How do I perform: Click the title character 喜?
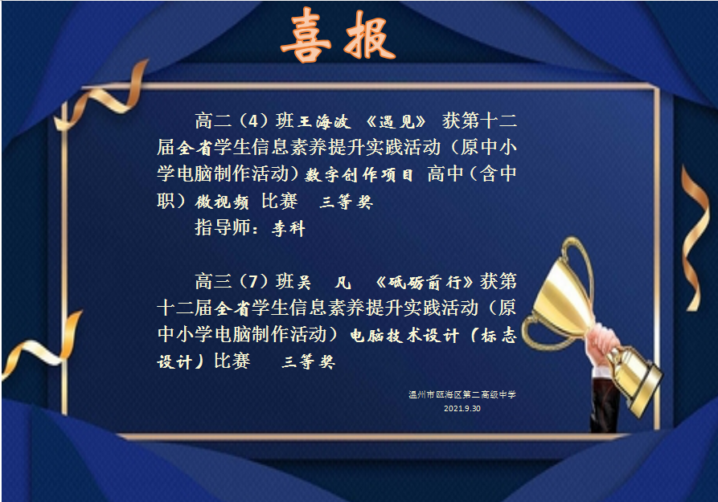coord(306,35)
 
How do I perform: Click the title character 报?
coord(370,35)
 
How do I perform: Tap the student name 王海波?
coord(325,122)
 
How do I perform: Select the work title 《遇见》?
coord(396,122)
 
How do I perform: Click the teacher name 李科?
coord(288,228)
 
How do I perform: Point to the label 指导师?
coord(223,227)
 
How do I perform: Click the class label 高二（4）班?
coord(244,121)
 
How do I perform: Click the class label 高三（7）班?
coord(244,281)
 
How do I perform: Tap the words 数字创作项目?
coord(359,175)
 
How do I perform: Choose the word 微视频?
coord(222,202)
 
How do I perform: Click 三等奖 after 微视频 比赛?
coord(347,202)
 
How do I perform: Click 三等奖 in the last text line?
coord(308,362)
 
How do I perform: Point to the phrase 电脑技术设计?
coord(404,336)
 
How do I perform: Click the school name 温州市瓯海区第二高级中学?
coord(462,394)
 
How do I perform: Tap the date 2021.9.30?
coord(462,409)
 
